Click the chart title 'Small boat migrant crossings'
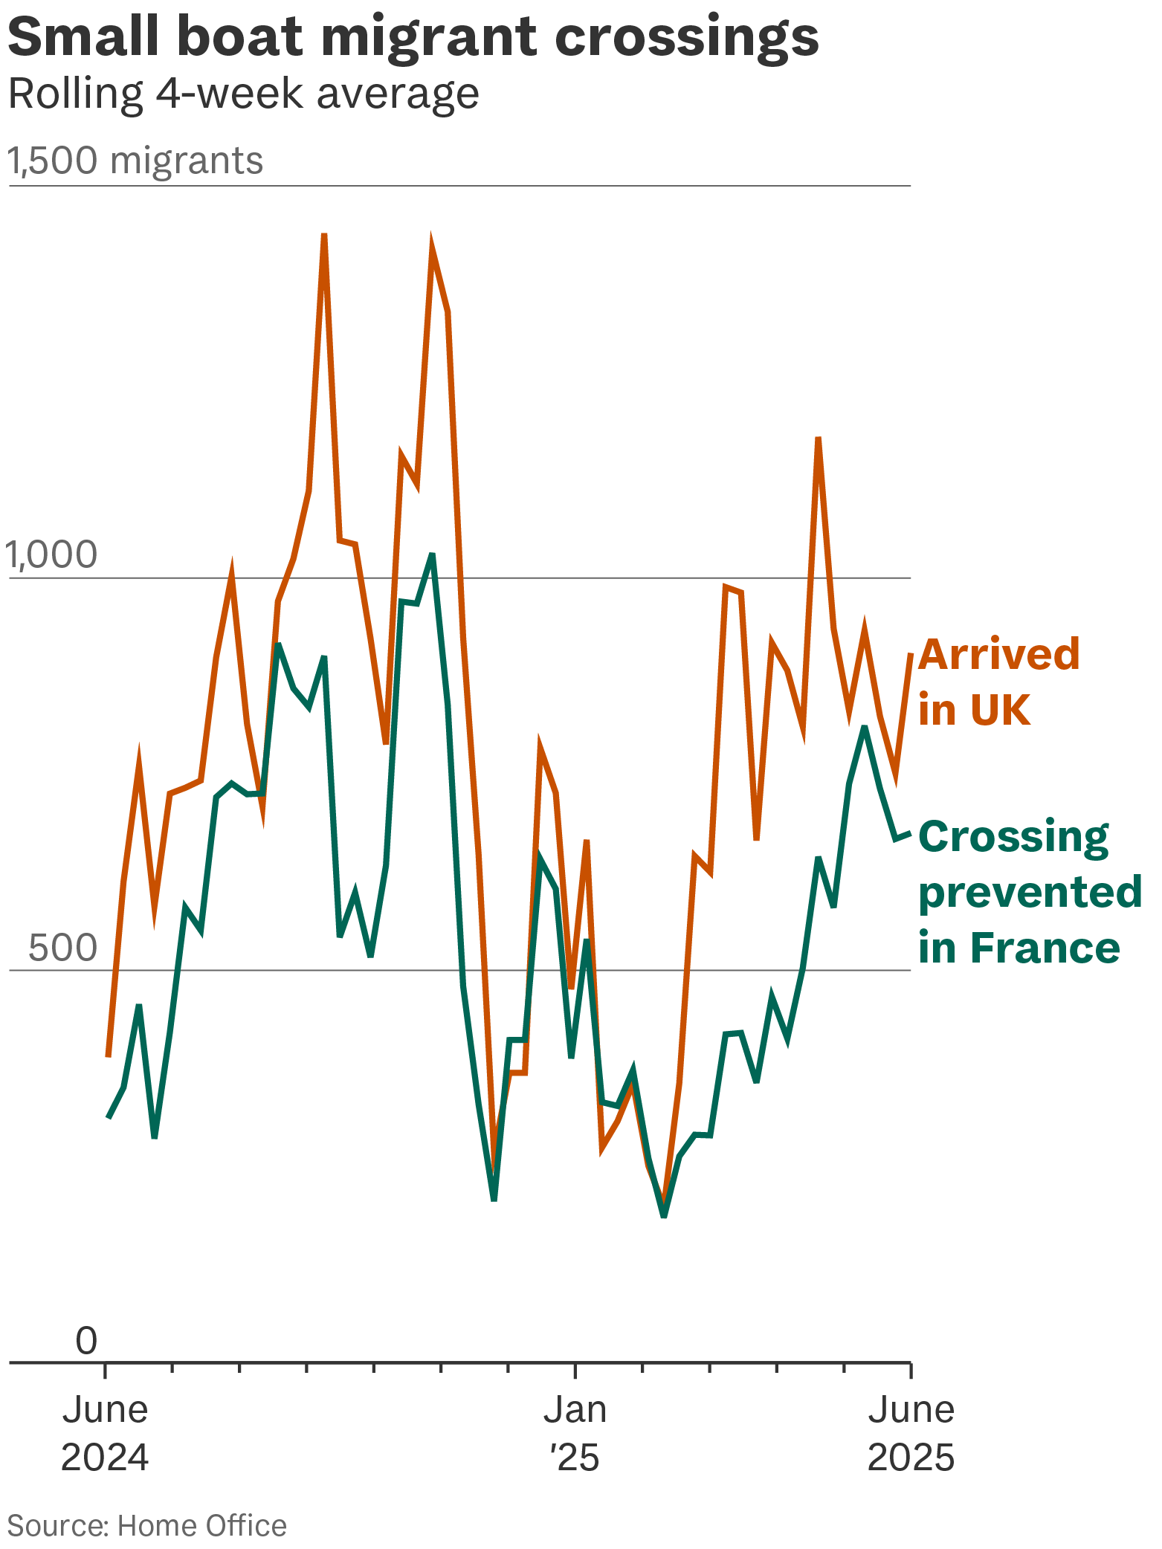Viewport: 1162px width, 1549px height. [x=413, y=37]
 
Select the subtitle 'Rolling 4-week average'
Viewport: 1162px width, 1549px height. [x=243, y=94]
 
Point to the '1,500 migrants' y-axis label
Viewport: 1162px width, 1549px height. [x=135, y=161]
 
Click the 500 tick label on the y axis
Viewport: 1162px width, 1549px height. [x=63, y=948]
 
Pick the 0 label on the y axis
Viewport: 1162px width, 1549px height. [x=86, y=1340]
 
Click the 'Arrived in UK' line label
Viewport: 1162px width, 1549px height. [x=998, y=682]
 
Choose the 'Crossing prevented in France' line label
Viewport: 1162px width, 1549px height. [x=1030, y=892]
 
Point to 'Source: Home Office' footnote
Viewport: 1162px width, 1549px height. [x=147, y=1526]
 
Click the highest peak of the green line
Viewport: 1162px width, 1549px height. [x=432, y=554]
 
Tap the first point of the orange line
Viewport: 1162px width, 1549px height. [x=109, y=1055]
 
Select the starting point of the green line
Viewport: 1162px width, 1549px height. [x=109, y=1117]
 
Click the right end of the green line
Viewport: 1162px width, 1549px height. [x=910, y=833]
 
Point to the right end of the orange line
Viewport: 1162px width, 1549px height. [x=911, y=654]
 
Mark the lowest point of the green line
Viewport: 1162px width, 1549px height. [x=664, y=1217]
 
